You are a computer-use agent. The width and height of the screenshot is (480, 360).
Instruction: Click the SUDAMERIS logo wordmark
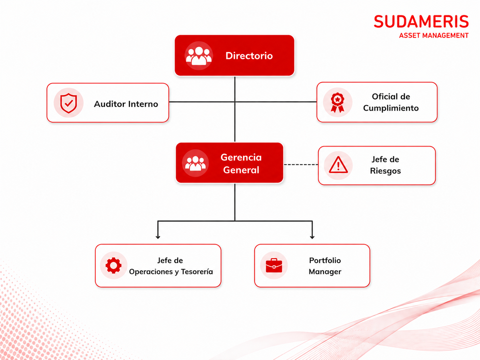(x=421, y=22)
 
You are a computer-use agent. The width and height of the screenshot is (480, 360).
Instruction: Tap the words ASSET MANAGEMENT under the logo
(x=434, y=35)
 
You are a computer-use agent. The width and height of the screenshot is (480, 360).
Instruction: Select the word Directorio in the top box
(x=249, y=56)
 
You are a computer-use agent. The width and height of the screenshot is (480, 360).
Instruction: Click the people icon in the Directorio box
(x=199, y=56)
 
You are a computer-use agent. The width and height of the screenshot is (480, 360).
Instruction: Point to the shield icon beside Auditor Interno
(x=69, y=103)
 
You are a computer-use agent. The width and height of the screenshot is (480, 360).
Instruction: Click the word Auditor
(x=110, y=104)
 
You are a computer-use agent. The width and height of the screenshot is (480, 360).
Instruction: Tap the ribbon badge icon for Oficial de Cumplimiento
(x=337, y=102)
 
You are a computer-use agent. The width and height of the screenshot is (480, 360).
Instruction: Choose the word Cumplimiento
(x=391, y=108)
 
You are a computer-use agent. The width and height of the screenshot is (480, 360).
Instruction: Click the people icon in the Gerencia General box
(x=195, y=163)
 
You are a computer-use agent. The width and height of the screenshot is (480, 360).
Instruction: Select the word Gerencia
(x=241, y=157)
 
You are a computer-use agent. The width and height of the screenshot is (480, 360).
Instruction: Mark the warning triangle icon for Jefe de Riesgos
(x=338, y=165)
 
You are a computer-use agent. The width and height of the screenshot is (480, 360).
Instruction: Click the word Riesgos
(x=385, y=171)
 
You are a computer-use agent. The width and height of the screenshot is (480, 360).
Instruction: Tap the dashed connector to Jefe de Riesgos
(x=301, y=164)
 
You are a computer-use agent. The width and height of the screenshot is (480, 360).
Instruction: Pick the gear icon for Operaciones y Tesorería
(x=113, y=266)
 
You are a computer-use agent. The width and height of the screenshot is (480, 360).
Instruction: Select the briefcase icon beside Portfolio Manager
(x=274, y=266)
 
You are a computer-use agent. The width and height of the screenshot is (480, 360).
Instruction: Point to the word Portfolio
(x=325, y=260)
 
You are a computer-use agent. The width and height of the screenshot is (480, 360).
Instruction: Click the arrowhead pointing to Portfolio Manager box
(x=312, y=237)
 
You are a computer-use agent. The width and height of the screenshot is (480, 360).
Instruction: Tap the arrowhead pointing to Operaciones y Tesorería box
(x=158, y=237)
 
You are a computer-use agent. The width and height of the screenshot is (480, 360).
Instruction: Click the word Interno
(x=143, y=104)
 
